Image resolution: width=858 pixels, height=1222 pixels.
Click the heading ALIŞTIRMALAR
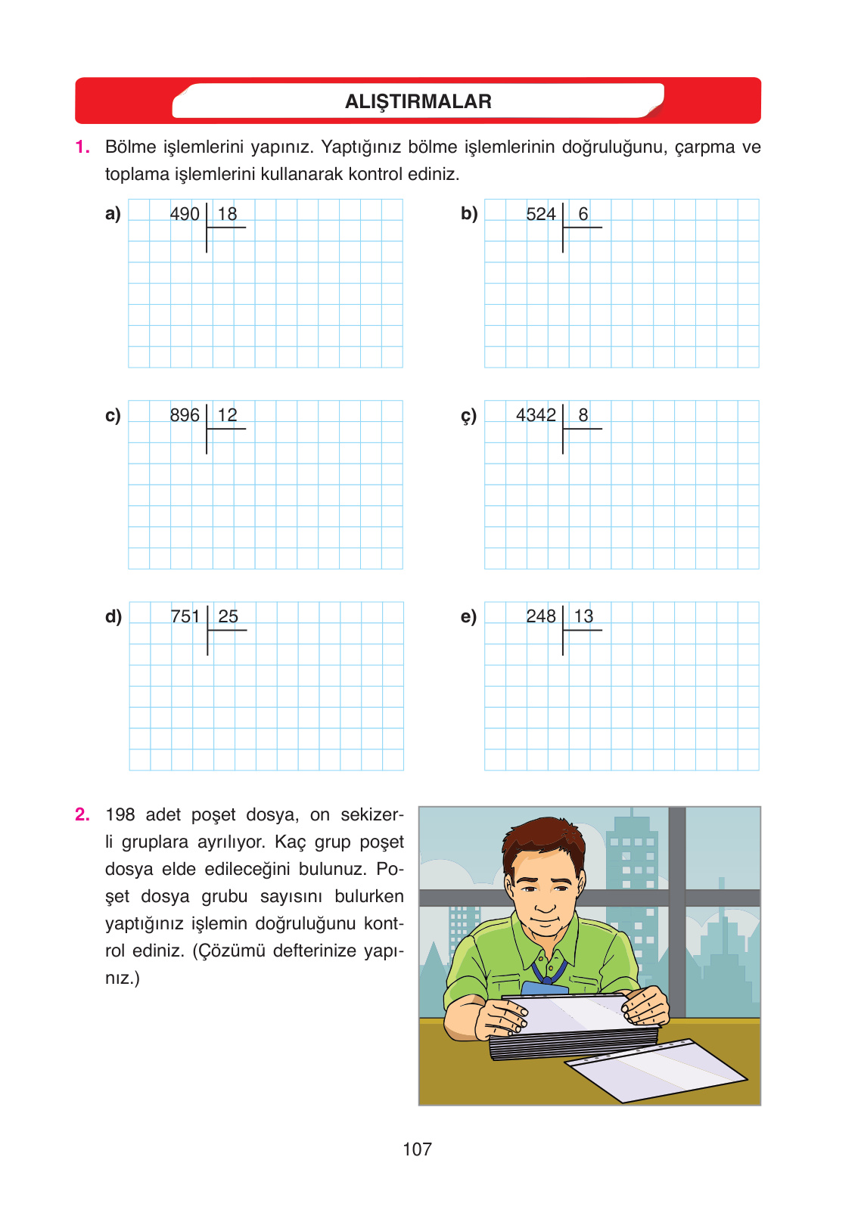[x=418, y=101]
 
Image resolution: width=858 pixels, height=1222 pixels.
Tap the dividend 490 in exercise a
[x=185, y=214]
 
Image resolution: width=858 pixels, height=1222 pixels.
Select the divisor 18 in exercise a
[x=227, y=214]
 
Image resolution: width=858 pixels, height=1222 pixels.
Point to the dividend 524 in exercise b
[x=541, y=214]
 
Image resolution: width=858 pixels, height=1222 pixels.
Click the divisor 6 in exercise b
[x=583, y=214]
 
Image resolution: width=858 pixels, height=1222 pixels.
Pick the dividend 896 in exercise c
[x=185, y=415]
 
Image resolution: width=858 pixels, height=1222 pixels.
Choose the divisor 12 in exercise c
[x=227, y=415]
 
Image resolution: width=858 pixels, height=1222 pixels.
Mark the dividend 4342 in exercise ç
[x=536, y=415]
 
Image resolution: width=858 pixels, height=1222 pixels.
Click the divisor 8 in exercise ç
[x=583, y=415]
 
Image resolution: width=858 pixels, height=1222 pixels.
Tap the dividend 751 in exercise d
[x=185, y=616]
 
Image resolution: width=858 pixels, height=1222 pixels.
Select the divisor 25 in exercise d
[x=228, y=616]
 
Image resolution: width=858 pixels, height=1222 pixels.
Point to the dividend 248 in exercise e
[x=541, y=616]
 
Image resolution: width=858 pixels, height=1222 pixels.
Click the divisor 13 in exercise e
[x=583, y=616]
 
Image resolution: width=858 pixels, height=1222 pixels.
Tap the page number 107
[x=417, y=1149]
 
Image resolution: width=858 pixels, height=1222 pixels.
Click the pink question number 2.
[x=82, y=814]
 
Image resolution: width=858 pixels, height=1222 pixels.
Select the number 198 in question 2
[x=120, y=814]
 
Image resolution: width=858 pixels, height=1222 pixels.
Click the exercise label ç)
[x=469, y=416]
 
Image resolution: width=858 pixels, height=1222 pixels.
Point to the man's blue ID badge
[x=545, y=988]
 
